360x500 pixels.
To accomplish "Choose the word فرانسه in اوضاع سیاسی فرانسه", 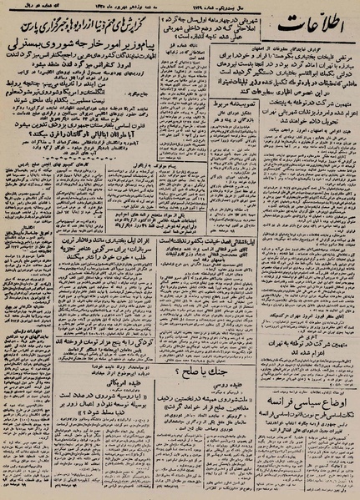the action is point(273,429).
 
